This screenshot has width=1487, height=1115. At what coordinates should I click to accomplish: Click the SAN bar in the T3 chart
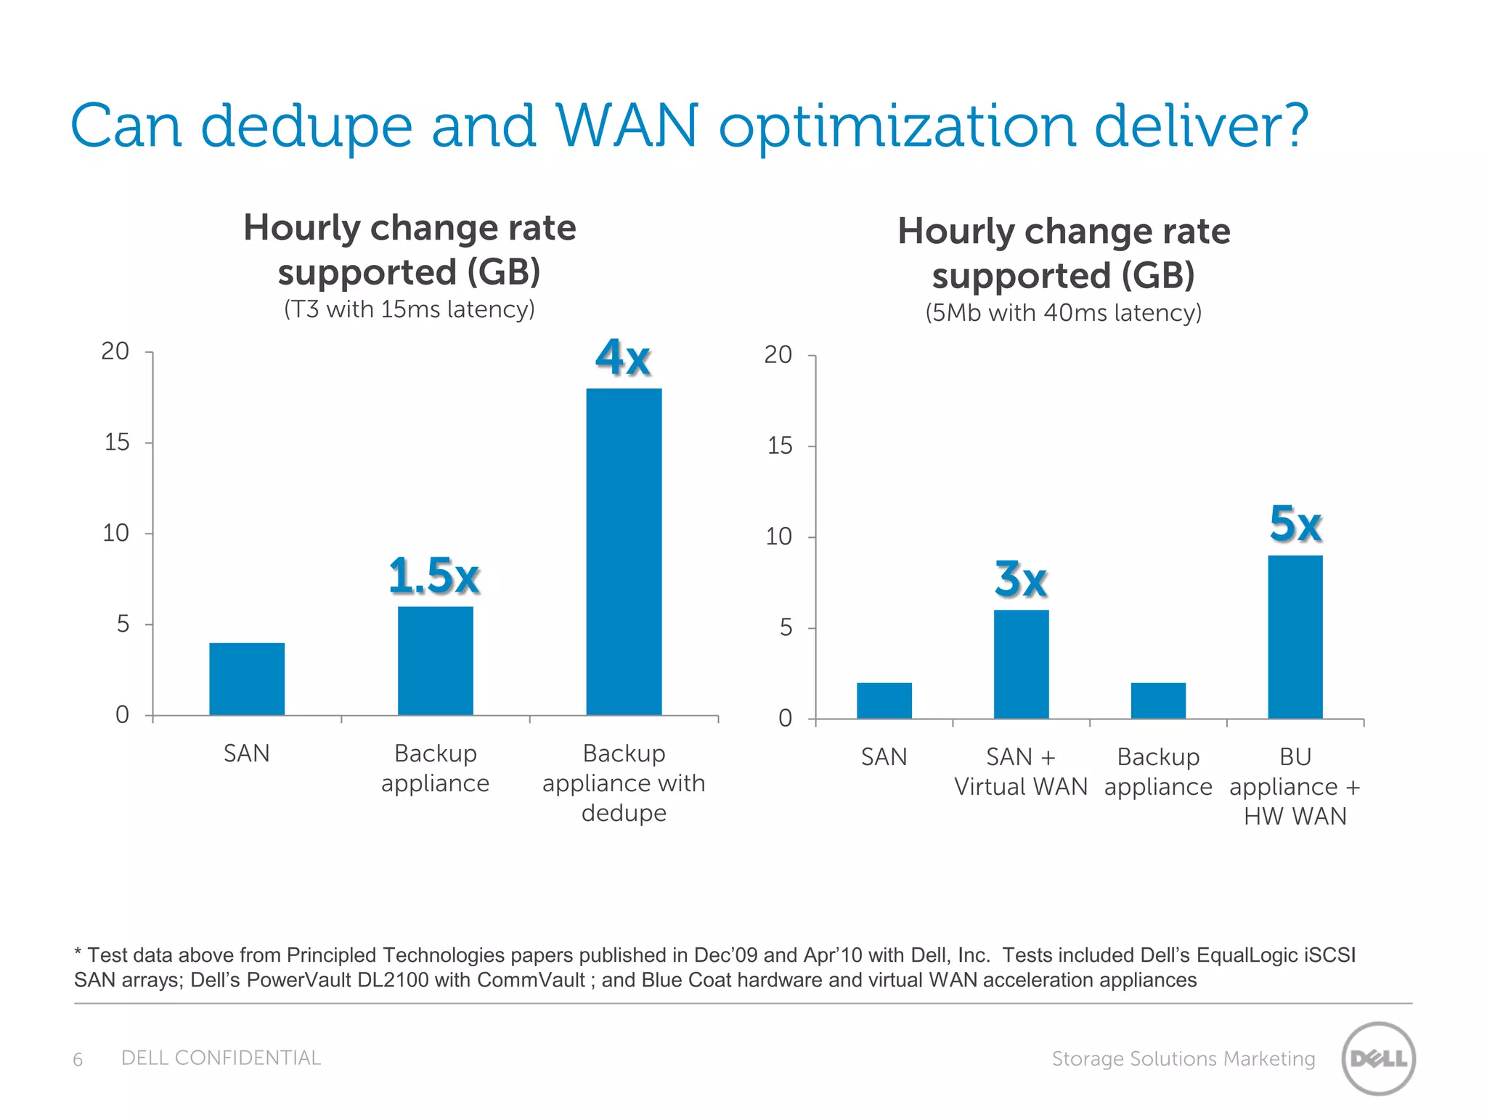pyautogui.click(x=247, y=679)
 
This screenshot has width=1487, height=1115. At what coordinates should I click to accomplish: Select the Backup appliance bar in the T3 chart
pyautogui.click(x=435, y=661)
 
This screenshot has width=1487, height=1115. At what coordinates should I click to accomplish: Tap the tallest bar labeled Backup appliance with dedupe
pyautogui.click(x=624, y=552)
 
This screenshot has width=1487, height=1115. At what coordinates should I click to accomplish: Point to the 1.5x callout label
pyautogui.click(x=434, y=576)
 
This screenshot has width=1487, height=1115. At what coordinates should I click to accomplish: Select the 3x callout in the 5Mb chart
pyautogui.click(x=1020, y=579)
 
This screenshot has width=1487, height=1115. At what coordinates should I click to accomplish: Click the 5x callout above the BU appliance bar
pyautogui.click(x=1295, y=523)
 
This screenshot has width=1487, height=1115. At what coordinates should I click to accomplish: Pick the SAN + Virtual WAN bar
pyautogui.click(x=1021, y=664)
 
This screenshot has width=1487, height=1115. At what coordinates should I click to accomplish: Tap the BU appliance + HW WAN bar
pyautogui.click(x=1295, y=637)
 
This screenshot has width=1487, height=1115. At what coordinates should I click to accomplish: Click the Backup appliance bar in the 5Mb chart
pyautogui.click(x=1158, y=701)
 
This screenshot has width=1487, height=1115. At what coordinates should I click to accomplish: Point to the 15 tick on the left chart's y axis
pyautogui.click(x=117, y=442)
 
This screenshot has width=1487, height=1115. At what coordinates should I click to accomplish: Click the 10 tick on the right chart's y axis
pyautogui.click(x=779, y=537)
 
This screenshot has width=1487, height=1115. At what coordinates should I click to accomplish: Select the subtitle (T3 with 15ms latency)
pyautogui.click(x=409, y=309)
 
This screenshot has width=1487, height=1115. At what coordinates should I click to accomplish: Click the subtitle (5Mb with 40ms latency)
pyautogui.click(x=1063, y=313)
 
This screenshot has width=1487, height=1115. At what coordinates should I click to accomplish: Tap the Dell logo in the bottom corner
pyautogui.click(x=1378, y=1058)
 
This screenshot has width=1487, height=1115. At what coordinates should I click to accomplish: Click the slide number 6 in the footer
pyautogui.click(x=78, y=1060)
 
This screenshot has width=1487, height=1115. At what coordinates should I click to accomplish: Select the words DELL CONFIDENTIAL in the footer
pyautogui.click(x=221, y=1058)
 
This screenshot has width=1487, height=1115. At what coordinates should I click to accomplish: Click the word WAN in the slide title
pyautogui.click(x=627, y=126)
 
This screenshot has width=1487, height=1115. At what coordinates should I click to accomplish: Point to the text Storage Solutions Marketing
pyautogui.click(x=1183, y=1059)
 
